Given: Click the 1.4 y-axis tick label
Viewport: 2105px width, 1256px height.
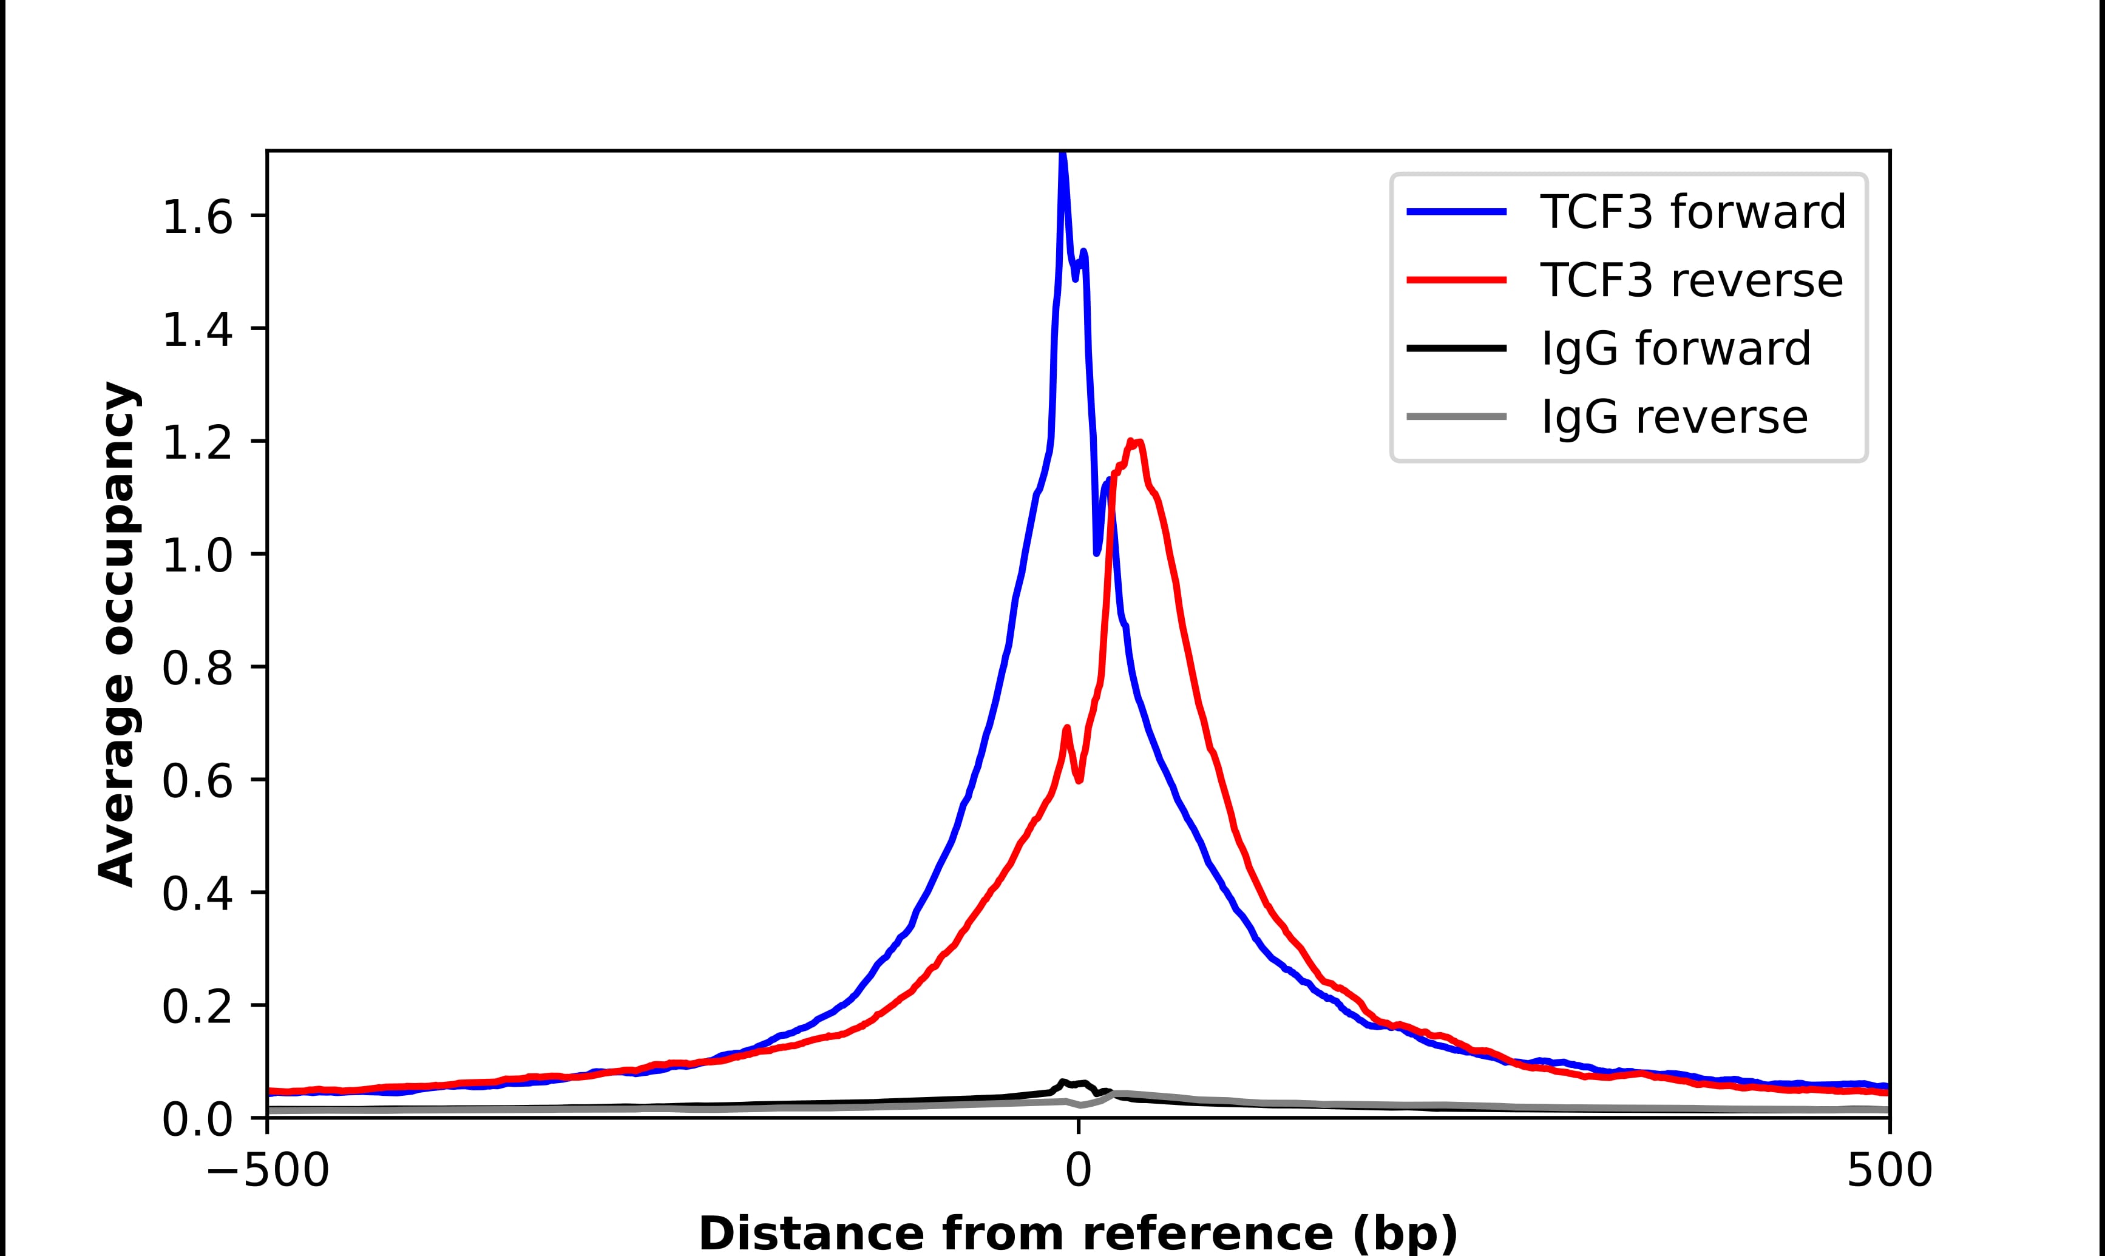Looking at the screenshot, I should [x=197, y=330].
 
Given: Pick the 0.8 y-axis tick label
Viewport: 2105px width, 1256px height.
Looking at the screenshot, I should [x=197, y=669].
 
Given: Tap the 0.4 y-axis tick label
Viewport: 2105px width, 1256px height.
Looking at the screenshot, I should [x=197, y=894].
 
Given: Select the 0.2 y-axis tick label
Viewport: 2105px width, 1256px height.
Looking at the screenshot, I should [x=197, y=1007].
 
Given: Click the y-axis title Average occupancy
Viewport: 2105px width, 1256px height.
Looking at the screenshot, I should [x=117, y=634].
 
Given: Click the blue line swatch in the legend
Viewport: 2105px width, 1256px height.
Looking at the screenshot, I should [x=1456, y=212].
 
